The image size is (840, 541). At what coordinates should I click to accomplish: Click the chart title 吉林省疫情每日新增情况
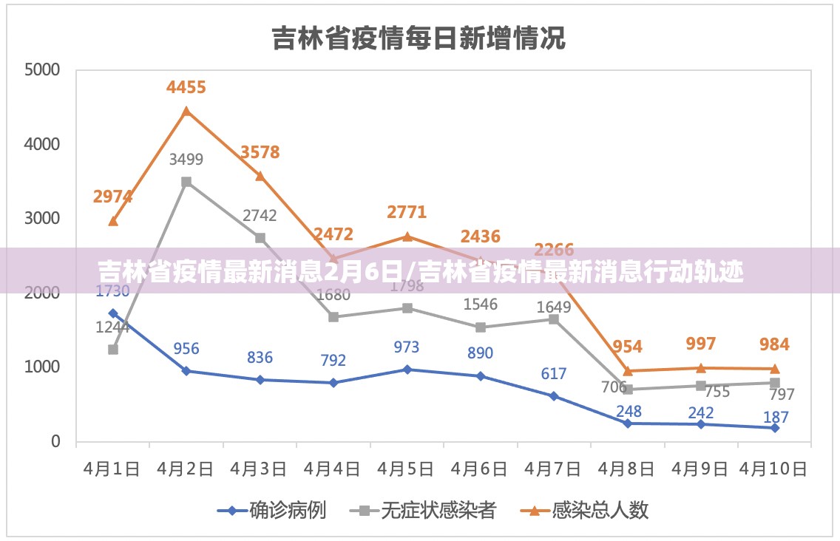click(x=419, y=37)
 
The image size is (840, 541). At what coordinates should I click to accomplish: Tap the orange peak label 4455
click(x=186, y=87)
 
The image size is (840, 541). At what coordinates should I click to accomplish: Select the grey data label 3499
click(x=186, y=159)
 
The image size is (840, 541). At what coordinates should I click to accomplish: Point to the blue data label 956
click(x=186, y=348)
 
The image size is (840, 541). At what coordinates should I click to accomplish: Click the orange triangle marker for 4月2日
click(x=186, y=112)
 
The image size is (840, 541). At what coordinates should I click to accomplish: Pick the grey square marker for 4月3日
click(x=260, y=238)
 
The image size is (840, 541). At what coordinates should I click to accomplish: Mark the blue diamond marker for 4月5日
click(x=407, y=369)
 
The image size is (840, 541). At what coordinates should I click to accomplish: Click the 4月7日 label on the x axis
click(x=553, y=469)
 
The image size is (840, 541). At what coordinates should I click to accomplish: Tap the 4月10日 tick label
click(x=773, y=469)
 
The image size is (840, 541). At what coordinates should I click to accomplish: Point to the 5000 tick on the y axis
click(x=42, y=70)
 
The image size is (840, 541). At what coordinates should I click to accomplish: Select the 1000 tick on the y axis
click(x=42, y=367)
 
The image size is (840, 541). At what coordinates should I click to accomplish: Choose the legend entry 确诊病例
click(x=287, y=510)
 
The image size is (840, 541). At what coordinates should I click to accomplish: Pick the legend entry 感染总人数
click(x=600, y=510)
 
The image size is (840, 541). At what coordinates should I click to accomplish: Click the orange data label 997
click(x=701, y=344)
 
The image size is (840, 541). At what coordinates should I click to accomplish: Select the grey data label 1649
click(x=554, y=307)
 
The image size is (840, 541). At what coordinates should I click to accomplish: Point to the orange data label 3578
click(x=260, y=153)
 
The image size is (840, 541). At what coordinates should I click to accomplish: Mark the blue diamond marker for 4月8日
click(x=627, y=423)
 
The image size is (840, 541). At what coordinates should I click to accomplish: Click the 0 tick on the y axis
click(x=55, y=442)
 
